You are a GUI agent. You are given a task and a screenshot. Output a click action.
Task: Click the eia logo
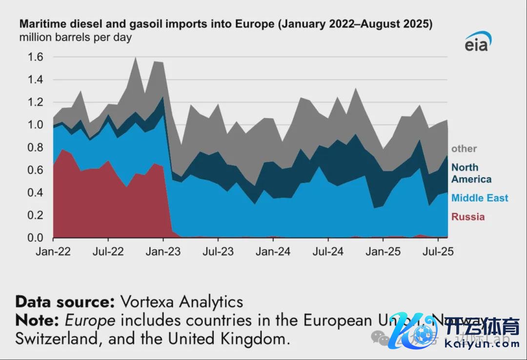pyautogui.click(x=477, y=43)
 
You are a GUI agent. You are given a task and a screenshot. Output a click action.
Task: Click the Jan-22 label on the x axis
pyautogui.click(x=53, y=252)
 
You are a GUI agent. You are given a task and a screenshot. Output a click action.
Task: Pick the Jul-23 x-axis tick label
pyautogui.click(x=218, y=252)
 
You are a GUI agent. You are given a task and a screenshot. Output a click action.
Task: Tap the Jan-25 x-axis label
pyautogui.click(x=383, y=252)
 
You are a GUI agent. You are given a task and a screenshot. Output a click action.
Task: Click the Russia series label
pyautogui.click(x=468, y=217)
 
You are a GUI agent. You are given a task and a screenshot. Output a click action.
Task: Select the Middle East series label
pyautogui.click(x=480, y=198)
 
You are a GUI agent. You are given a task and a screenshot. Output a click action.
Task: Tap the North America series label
pyautogui.click(x=471, y=173)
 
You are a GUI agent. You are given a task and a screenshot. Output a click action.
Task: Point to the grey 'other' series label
pyautogui.click(x=464, y=149)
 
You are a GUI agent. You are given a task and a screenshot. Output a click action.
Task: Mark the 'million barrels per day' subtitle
pyautogui.click(x=76, y=37)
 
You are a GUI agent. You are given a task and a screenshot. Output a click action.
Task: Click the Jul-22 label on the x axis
pyautogui.click(x=108, y=252)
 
